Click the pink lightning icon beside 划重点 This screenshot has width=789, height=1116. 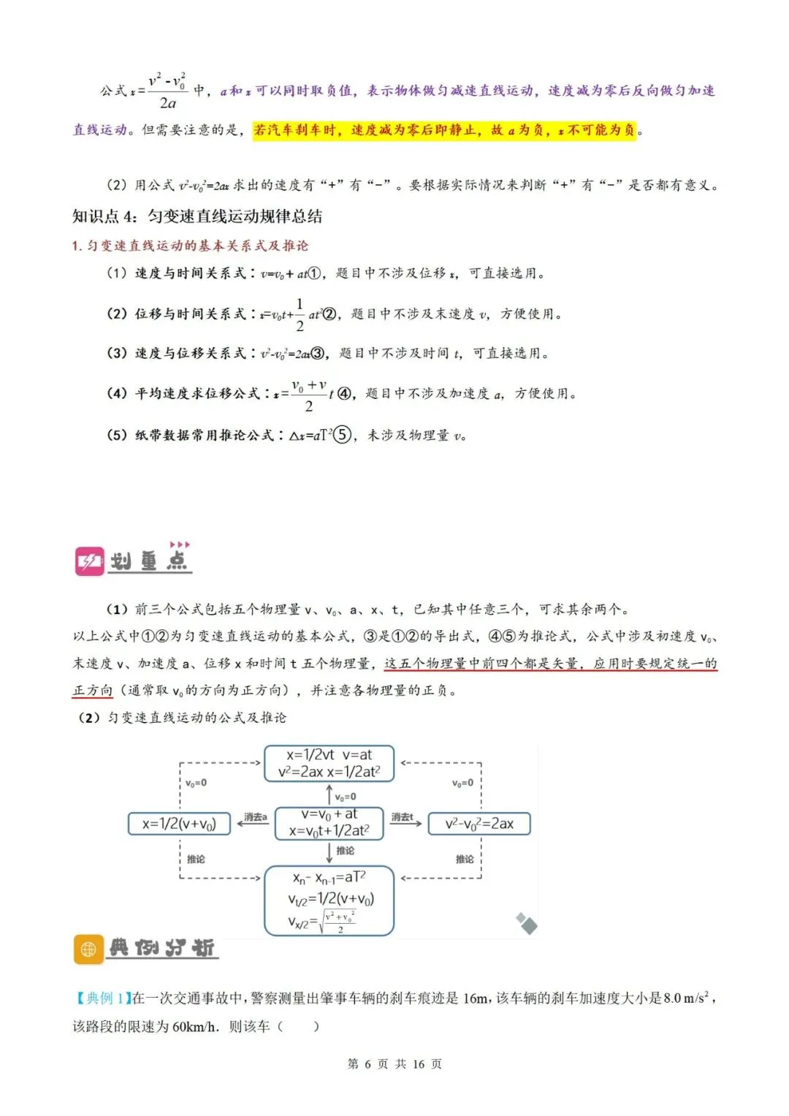coord(90,561)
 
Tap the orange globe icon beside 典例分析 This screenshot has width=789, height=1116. coord(88,949)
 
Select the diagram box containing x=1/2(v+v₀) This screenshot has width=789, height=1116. coord(179,824)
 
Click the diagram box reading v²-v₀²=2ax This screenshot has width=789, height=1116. coord(479,824)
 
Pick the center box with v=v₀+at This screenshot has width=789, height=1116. coord(329,823)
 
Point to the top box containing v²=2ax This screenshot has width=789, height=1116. coord(329,764)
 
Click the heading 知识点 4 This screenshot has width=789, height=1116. coord(197,216)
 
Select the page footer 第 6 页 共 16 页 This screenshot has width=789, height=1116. coord(394,1064)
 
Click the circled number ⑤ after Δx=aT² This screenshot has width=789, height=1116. coord(342,435)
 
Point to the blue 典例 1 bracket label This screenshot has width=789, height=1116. coord(102,998)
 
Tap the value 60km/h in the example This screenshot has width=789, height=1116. coord(194,1026)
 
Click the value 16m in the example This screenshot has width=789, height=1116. coord(476,998)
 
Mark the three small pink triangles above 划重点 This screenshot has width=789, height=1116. coord(180,544)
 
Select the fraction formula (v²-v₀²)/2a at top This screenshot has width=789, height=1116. coord(167,91)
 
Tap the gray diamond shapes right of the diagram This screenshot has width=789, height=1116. coord(526,924)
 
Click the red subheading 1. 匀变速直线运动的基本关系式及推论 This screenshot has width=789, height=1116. coord(190,246)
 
